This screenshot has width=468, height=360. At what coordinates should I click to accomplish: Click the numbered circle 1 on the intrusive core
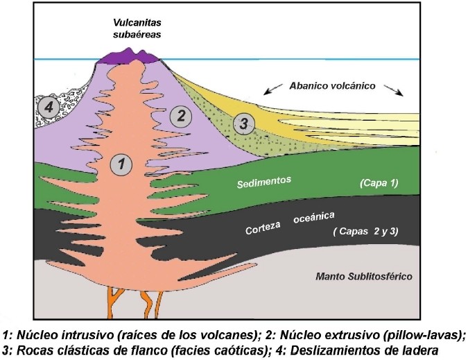point(121,164)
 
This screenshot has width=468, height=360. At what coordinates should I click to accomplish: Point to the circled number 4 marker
point(47,108)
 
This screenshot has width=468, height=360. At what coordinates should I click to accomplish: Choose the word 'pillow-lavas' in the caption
point(426,333)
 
